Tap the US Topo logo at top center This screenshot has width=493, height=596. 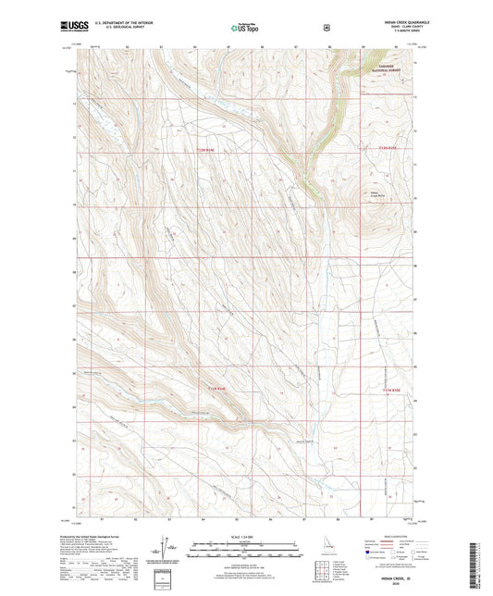(x=244, y=28)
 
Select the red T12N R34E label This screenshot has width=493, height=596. (x=211, y=150)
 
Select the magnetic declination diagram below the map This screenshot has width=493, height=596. (x=167, y=553)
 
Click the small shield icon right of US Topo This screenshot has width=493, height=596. (x=325, y=28)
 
